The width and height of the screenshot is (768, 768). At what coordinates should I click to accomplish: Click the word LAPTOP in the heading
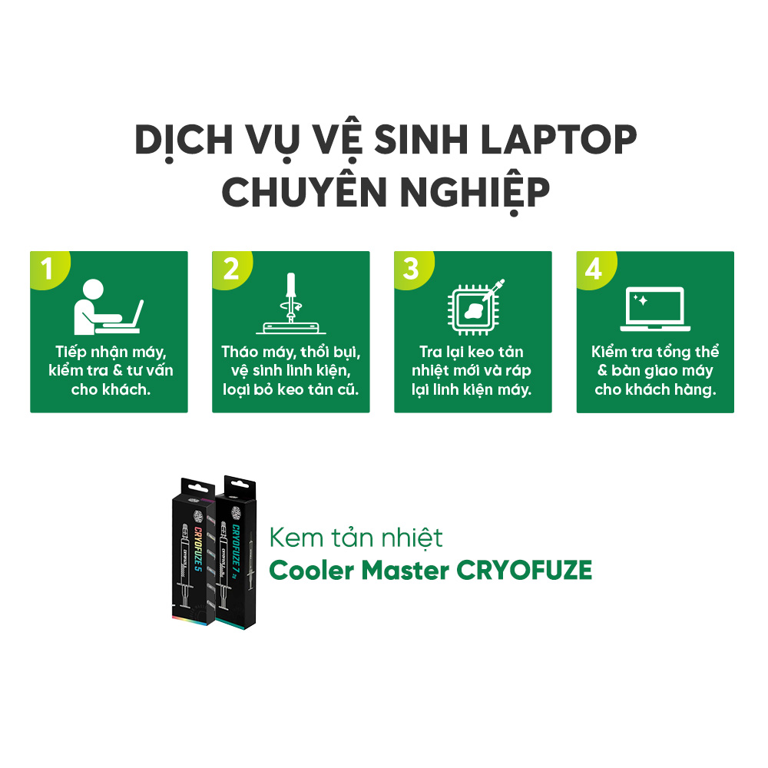tap(558, 140)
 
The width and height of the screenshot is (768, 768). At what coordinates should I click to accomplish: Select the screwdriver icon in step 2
tap(291, 303)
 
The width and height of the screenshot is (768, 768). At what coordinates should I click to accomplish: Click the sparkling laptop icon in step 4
tap(655, 309)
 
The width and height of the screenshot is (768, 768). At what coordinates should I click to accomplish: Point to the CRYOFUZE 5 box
tap(194, 551)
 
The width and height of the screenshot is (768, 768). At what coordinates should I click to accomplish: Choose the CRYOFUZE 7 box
tap(236, 552)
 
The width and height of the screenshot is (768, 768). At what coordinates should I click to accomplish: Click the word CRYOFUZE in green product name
tap(524, 570)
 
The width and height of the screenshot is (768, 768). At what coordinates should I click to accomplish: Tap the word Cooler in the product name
tap(311, 570)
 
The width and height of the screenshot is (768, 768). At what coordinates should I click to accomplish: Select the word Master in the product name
tap(405, 570)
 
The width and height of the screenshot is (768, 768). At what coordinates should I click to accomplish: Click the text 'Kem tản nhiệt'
tap(356, 538)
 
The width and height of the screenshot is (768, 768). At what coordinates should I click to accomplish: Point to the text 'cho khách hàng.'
tap(655, 389)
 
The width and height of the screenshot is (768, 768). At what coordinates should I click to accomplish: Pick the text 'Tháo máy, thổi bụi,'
tap(291, 352)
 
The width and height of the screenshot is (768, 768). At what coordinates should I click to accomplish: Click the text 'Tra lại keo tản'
tap(472, 352)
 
